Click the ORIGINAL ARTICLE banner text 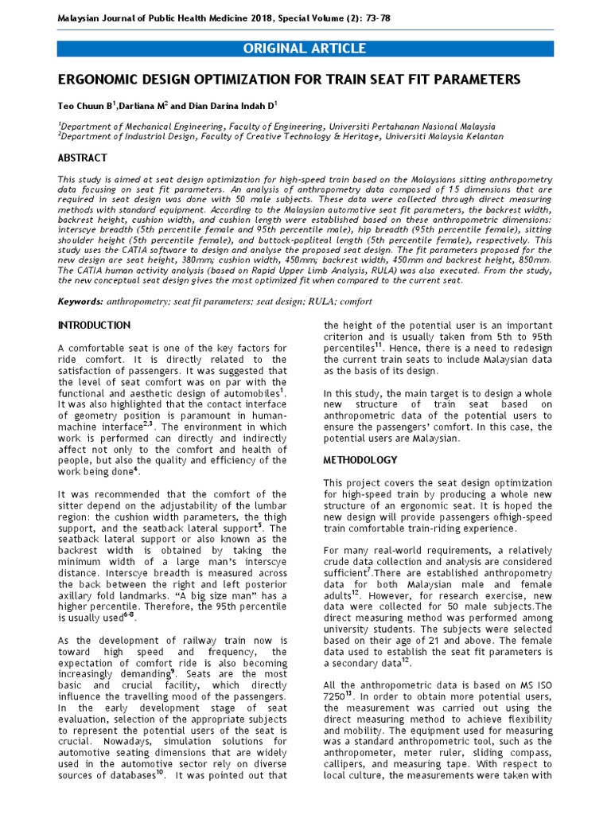[305, 49]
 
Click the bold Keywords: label [81, 302]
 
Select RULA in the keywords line [315, 302]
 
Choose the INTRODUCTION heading [95, 326]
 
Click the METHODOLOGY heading [360, 461]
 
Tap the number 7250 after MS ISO [336, 696]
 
